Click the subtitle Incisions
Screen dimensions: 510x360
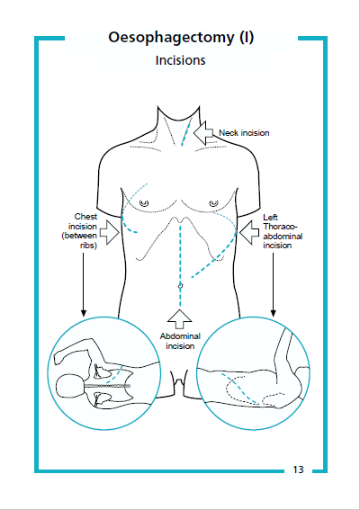point(180,61)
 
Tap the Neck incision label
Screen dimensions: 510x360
point(244,133)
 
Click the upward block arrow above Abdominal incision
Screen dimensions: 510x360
point(180,317)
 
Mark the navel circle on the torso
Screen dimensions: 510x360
point(180,285)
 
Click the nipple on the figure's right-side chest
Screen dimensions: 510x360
point(215,203)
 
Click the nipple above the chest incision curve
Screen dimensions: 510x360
point(146,203)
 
